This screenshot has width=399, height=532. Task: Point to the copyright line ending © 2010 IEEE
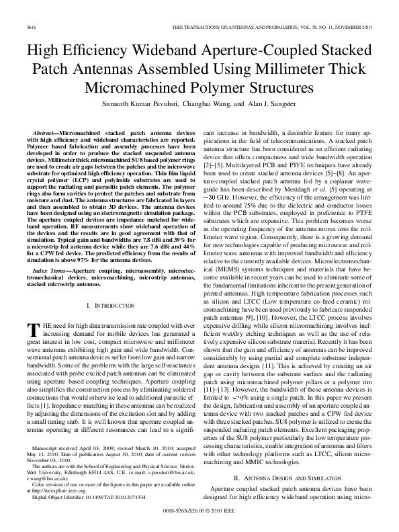pos(199,511)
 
